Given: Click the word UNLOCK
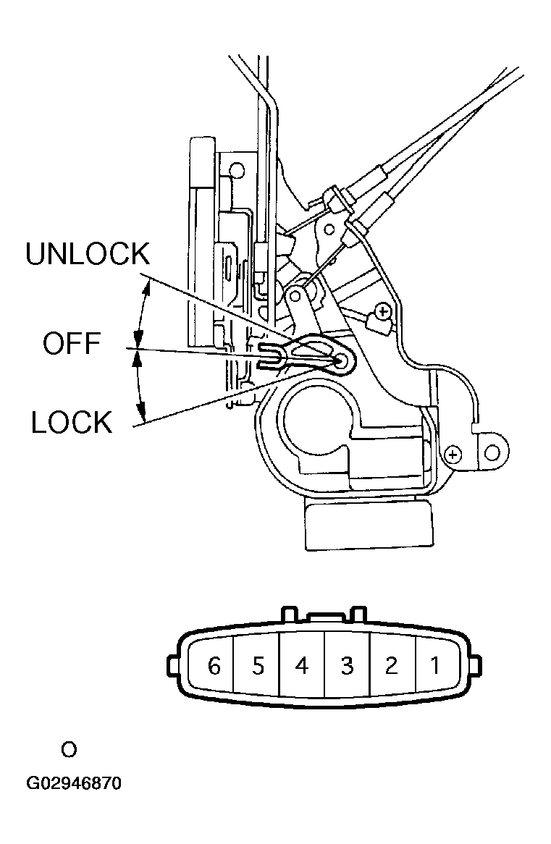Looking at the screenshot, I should tap(88, 256).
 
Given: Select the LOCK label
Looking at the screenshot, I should tap(72, 421).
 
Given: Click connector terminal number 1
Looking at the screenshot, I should tap(435, 665).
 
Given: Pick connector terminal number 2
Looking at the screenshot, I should tap(391, 665).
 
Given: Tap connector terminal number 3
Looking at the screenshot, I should tap(347, 665).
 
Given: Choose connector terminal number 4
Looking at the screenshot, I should tap(302, 665).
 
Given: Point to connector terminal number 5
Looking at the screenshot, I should tap(258, 665).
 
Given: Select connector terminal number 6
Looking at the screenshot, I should tap(214, 665).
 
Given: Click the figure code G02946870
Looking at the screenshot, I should tap(73, 784).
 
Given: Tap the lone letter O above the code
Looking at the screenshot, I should tap(69, 749).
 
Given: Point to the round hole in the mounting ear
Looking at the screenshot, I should tap(492, 453).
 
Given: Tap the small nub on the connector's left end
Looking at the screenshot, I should tap(172, 664).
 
